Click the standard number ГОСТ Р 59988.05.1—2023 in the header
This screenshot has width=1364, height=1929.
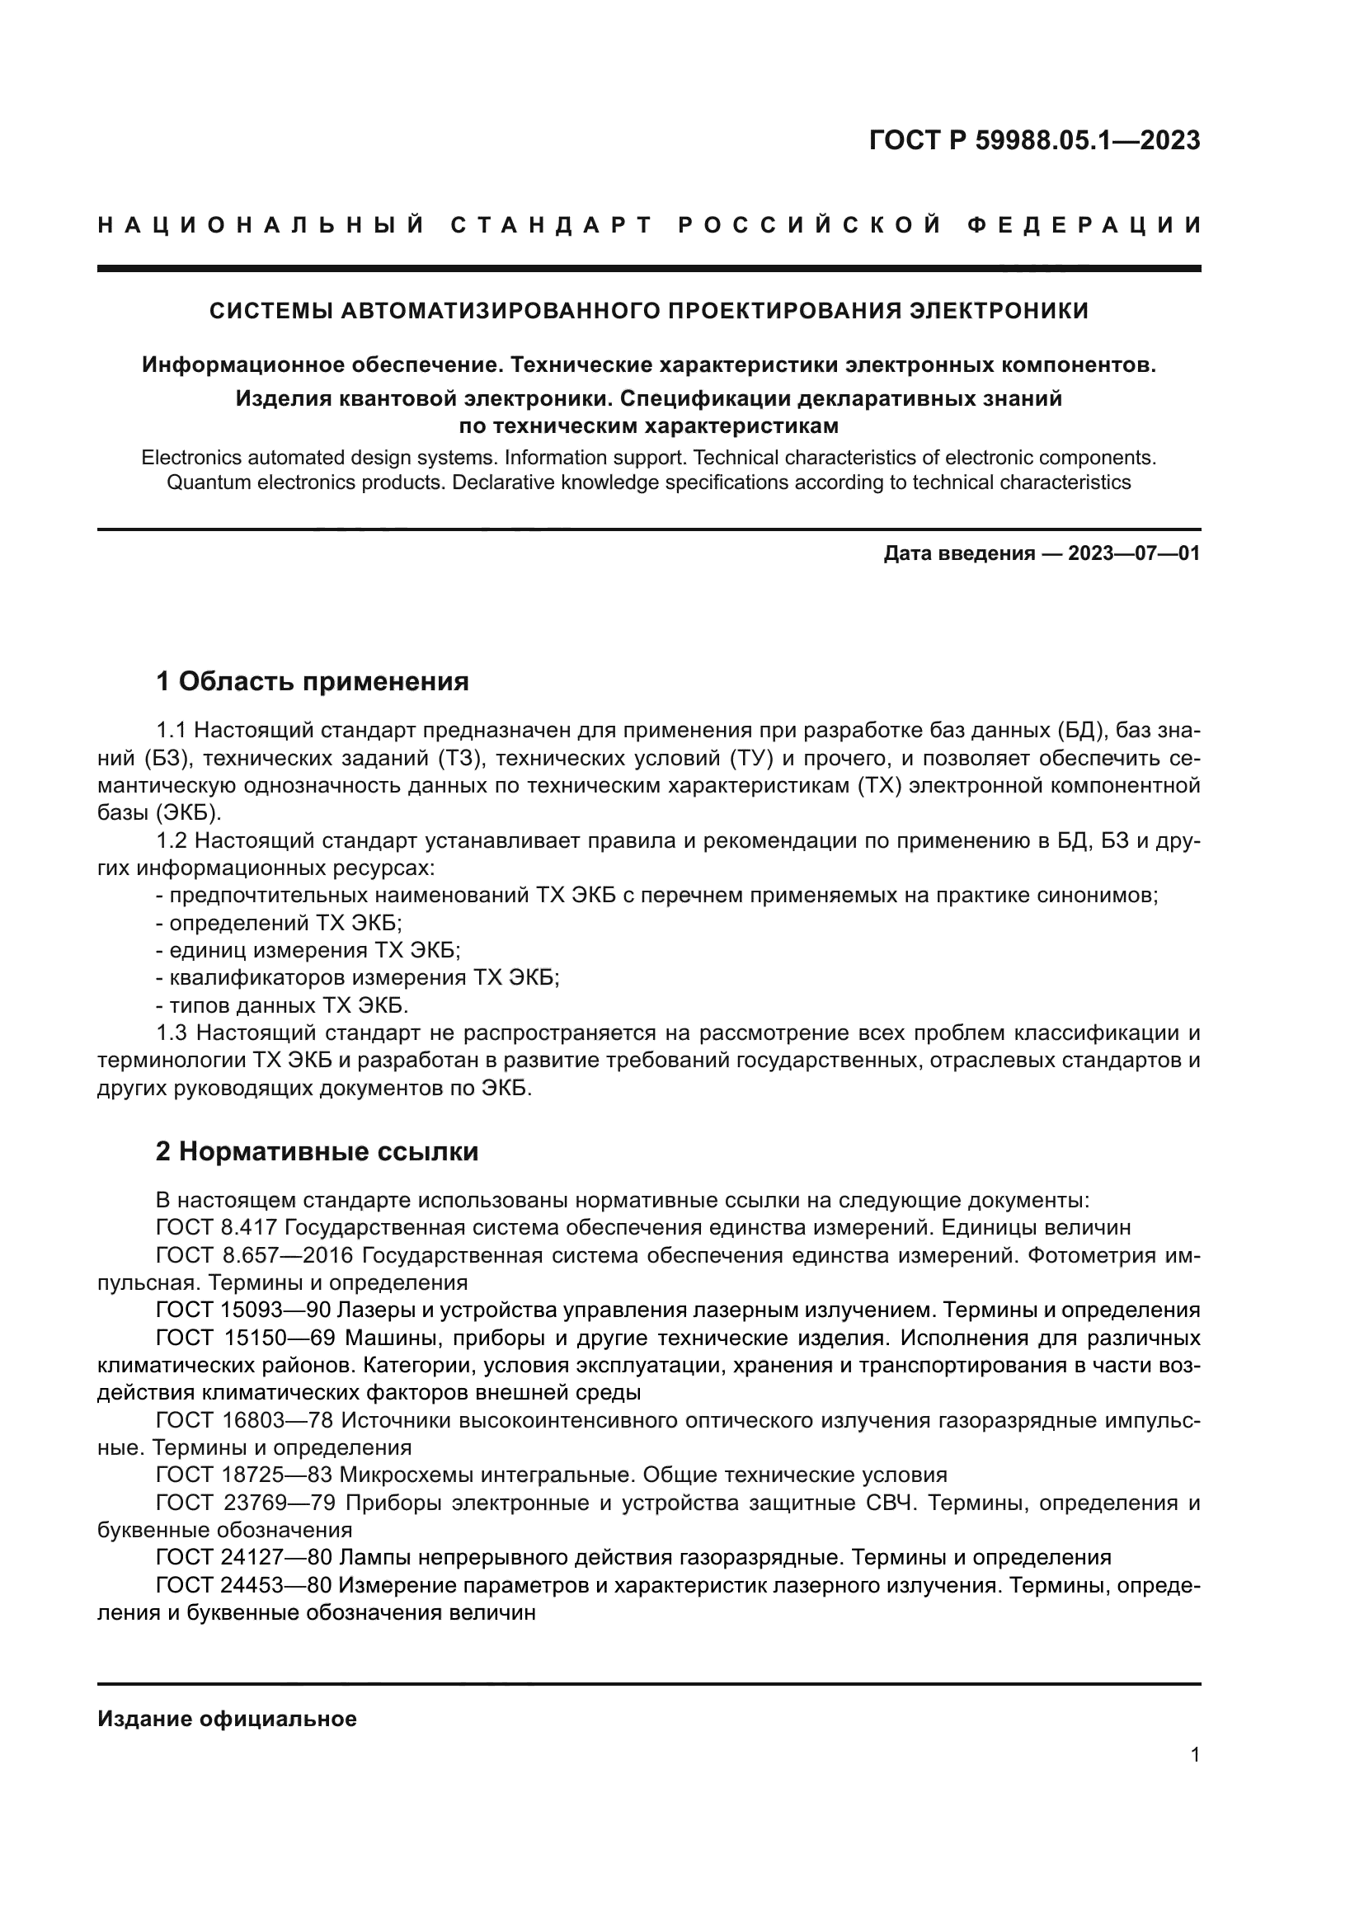click(1034, 140)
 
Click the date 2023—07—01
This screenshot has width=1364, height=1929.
click(1134, 553)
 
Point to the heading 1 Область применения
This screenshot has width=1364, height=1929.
click(313, 681)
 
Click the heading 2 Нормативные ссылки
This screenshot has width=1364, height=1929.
click(317, 1151)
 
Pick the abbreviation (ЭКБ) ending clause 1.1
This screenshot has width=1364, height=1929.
click(189, 813)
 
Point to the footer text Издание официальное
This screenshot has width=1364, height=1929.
click(228, 1719)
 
